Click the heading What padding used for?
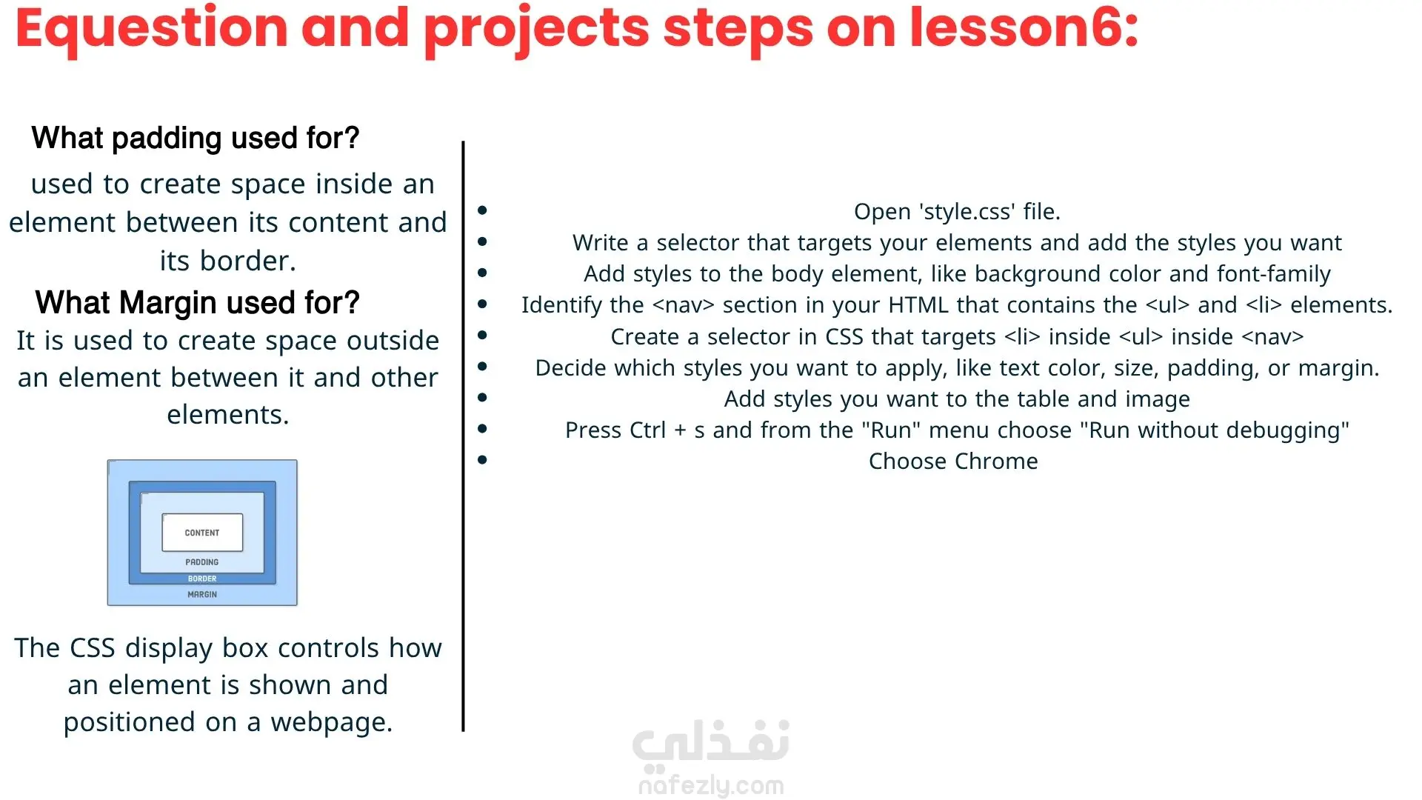[x=196, y=139]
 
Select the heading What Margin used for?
[x=198, y=303]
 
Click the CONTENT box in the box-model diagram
[x=202, y=533]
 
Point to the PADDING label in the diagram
[x=202, y=562]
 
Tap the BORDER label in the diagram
[x=202, y=579]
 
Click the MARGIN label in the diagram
[x=202, y=594]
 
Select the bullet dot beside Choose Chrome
[x=483, y=460]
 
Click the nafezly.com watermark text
[x=711, y=785]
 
